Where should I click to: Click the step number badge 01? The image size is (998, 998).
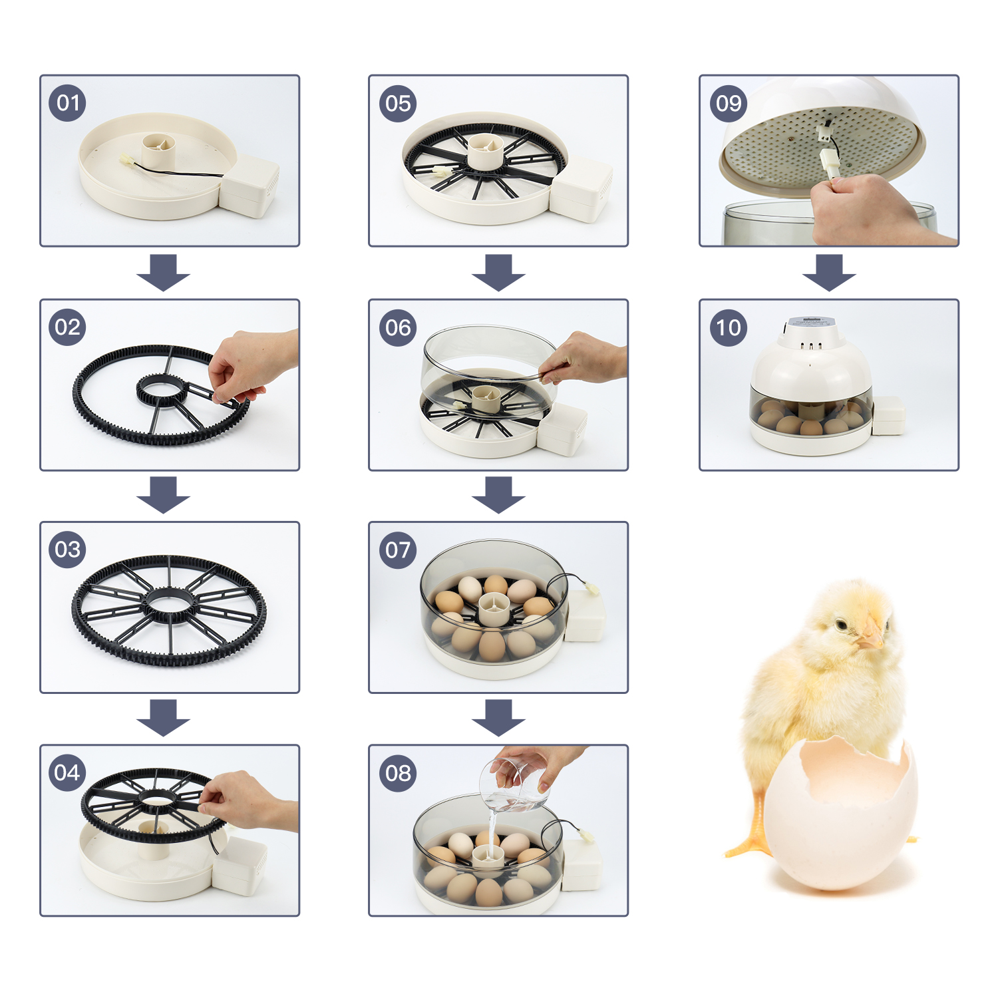tap(67, 103)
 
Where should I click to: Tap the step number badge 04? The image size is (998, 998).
tap(67, 772)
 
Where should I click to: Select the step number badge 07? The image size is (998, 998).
tap(398, 550)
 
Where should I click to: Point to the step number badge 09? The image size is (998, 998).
tap(729, 103)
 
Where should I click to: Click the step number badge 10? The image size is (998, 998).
tap(729, 327)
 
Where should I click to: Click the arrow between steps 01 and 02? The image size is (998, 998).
tap(164, 271)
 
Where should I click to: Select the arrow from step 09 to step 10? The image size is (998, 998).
tap(828, 271)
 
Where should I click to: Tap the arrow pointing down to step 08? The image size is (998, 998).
tap(498, 717)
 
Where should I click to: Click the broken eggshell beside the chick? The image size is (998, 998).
tap(842, 818)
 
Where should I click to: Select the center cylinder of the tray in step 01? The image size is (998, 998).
tap(159, 151)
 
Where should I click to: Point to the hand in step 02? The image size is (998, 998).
tap(249, 363)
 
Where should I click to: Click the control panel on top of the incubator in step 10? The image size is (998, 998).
tap(810, 323)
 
